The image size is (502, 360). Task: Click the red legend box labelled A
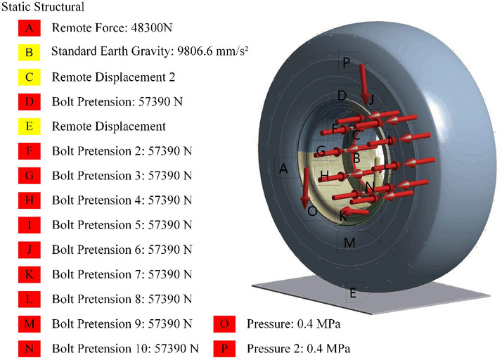click(29, 28)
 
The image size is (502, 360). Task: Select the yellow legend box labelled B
click(29, 52)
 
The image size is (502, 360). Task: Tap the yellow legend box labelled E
click(29, 126)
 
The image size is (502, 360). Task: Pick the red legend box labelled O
click(224, 324)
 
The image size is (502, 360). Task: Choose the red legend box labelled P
click(224, 349)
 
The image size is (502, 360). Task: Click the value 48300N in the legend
click(152, 28)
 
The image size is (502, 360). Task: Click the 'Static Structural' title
click(43, 7)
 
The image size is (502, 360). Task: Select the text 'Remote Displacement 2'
click(113, 77)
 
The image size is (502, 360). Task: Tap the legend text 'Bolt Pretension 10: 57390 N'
click(125, 349)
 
